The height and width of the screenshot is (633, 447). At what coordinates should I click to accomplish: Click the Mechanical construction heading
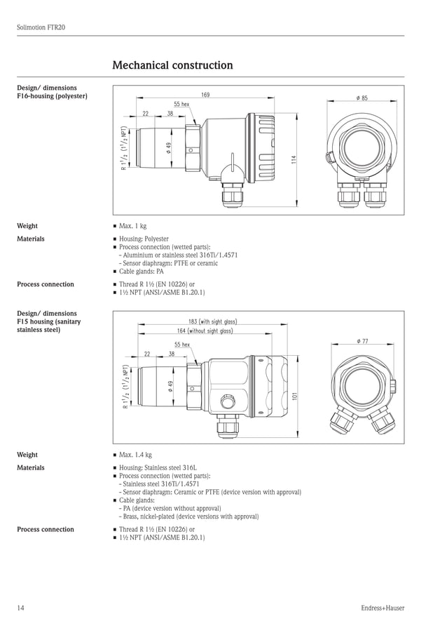(172, 65)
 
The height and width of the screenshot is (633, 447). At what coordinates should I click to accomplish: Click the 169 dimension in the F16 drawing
(205, 95)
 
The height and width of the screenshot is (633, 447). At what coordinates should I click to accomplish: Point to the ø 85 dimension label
(362, 98)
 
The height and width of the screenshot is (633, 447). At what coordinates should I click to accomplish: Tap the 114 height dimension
(294, 160)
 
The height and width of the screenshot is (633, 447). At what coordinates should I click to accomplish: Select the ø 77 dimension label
(362, 340)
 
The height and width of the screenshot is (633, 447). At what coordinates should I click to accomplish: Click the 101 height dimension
(294, 396)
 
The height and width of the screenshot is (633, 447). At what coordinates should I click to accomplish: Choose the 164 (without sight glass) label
(205, 331)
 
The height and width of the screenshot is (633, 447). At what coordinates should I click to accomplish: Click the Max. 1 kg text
(132, 226)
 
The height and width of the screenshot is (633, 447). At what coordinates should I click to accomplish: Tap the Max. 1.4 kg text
(135, 455)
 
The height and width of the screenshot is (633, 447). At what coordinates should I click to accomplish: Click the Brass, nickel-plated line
(189, 517)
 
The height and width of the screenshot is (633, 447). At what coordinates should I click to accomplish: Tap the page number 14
(20, 608)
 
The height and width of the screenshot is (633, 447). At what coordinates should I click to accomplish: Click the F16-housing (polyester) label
(52, 95)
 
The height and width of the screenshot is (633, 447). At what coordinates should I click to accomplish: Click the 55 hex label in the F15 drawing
(181, 345)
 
